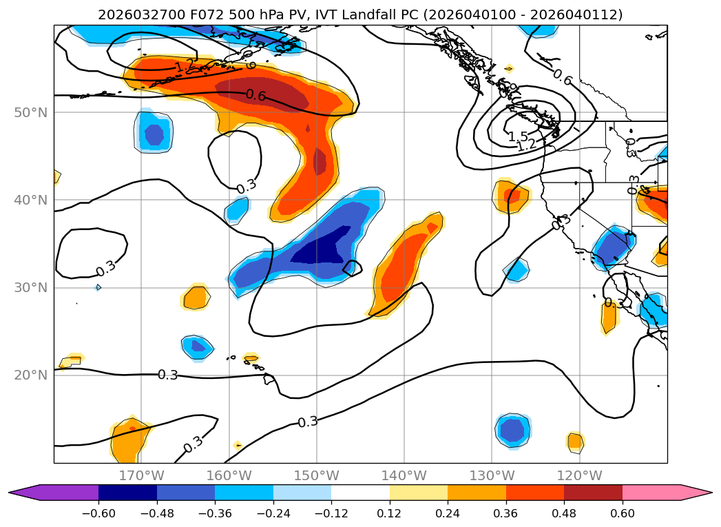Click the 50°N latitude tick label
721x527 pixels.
[x=31, y=112]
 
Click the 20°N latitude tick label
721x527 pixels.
[x=31, y=375]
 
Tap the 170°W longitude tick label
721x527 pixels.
[x=141, y=475]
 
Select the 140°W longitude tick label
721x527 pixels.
[x=404, y=475]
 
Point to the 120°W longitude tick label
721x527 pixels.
[x=578, y=475]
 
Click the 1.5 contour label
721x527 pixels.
[x=518, y=136]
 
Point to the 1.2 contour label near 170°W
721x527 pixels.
[x=185, y=67]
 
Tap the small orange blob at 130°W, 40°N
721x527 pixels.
[x=511, y=196]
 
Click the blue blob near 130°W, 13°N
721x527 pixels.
[x=512, y=431]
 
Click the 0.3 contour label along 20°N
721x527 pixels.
[x=168, y=375]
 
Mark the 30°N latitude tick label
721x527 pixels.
[x=31, y=288]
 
